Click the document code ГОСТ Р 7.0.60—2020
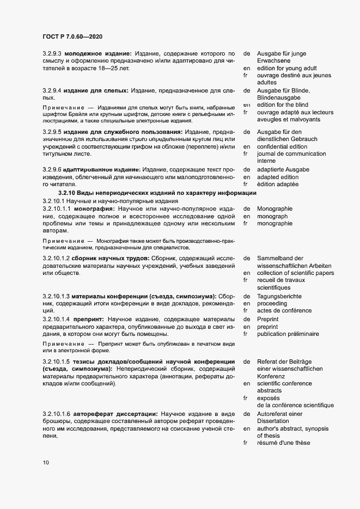(72, 36)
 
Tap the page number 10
(45, 463)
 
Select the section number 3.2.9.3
(54, 53)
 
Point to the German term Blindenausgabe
(282, 97)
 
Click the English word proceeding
(274, 303)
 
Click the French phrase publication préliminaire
(288, 334)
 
